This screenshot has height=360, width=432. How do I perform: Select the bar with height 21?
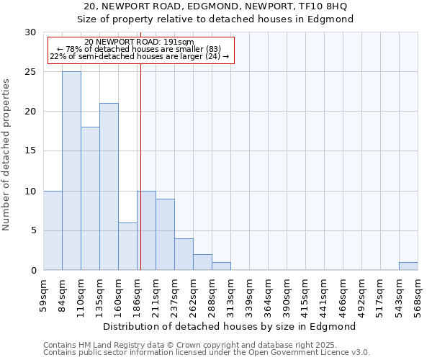[x=109, y=186]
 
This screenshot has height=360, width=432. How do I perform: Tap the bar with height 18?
[x=90, y=198]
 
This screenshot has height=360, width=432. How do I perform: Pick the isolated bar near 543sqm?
[x=408, y=266]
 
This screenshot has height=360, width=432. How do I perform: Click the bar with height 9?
[x=165, y=234]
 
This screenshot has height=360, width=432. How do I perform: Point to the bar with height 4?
[x=184, y=254]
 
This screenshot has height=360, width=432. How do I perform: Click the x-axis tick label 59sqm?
[x=43, y=295]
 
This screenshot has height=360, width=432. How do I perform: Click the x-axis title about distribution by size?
[x=230, y=326]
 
